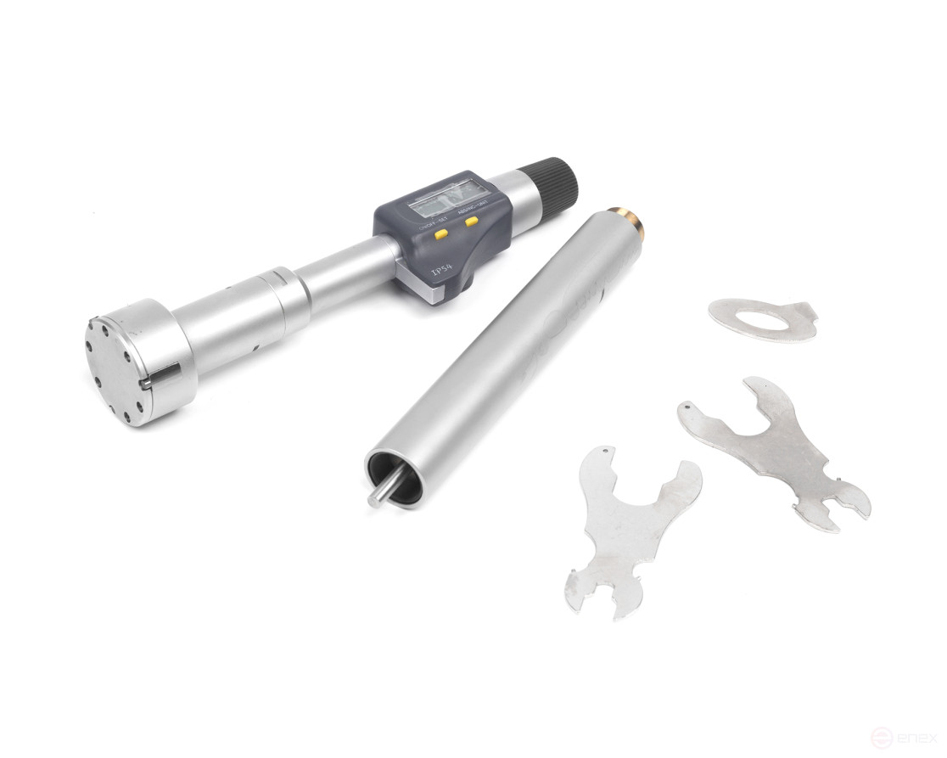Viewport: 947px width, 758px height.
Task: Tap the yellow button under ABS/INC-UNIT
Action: (x=470, y=222)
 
